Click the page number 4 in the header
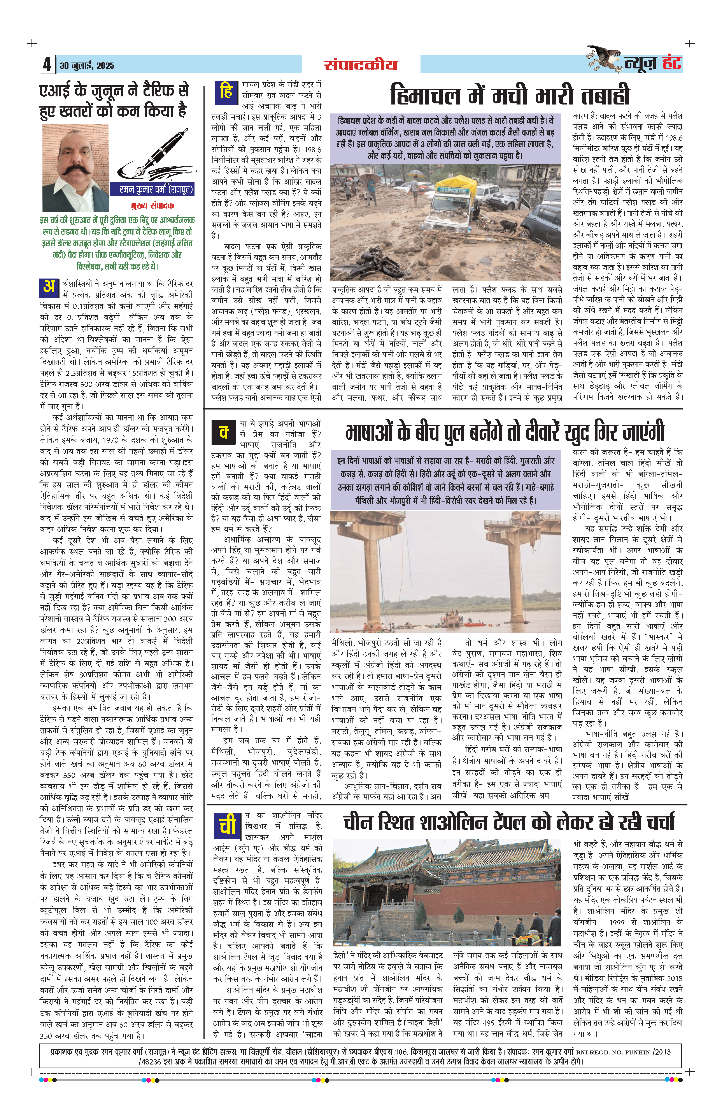click(47, 64)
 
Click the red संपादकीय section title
click(360, 65)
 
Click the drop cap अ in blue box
click(49, 287)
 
